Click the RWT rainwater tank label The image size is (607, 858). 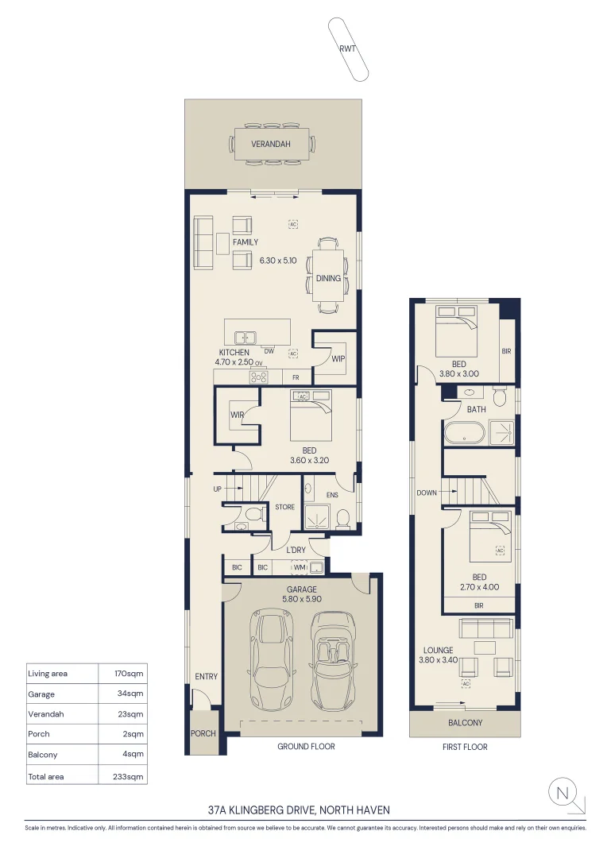coord(347,48)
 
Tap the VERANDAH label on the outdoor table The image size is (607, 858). coord(271,145)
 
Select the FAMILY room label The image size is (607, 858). coord(246,242)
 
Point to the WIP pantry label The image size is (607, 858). coord(338,358)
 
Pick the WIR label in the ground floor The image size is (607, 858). coord(237,415)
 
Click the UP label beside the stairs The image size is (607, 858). coord(218,489)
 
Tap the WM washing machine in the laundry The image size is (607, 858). coord(299,567)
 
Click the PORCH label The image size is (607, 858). coord(203,733)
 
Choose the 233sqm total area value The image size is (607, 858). coord(130,776)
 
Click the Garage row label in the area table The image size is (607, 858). coord(41,694)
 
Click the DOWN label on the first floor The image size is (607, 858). coord(427,493)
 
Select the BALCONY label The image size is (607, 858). coord(466,723)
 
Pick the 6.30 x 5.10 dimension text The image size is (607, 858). coord(278,260)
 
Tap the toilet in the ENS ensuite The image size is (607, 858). coord(343,519)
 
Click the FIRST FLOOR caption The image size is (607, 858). coord(465,747)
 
